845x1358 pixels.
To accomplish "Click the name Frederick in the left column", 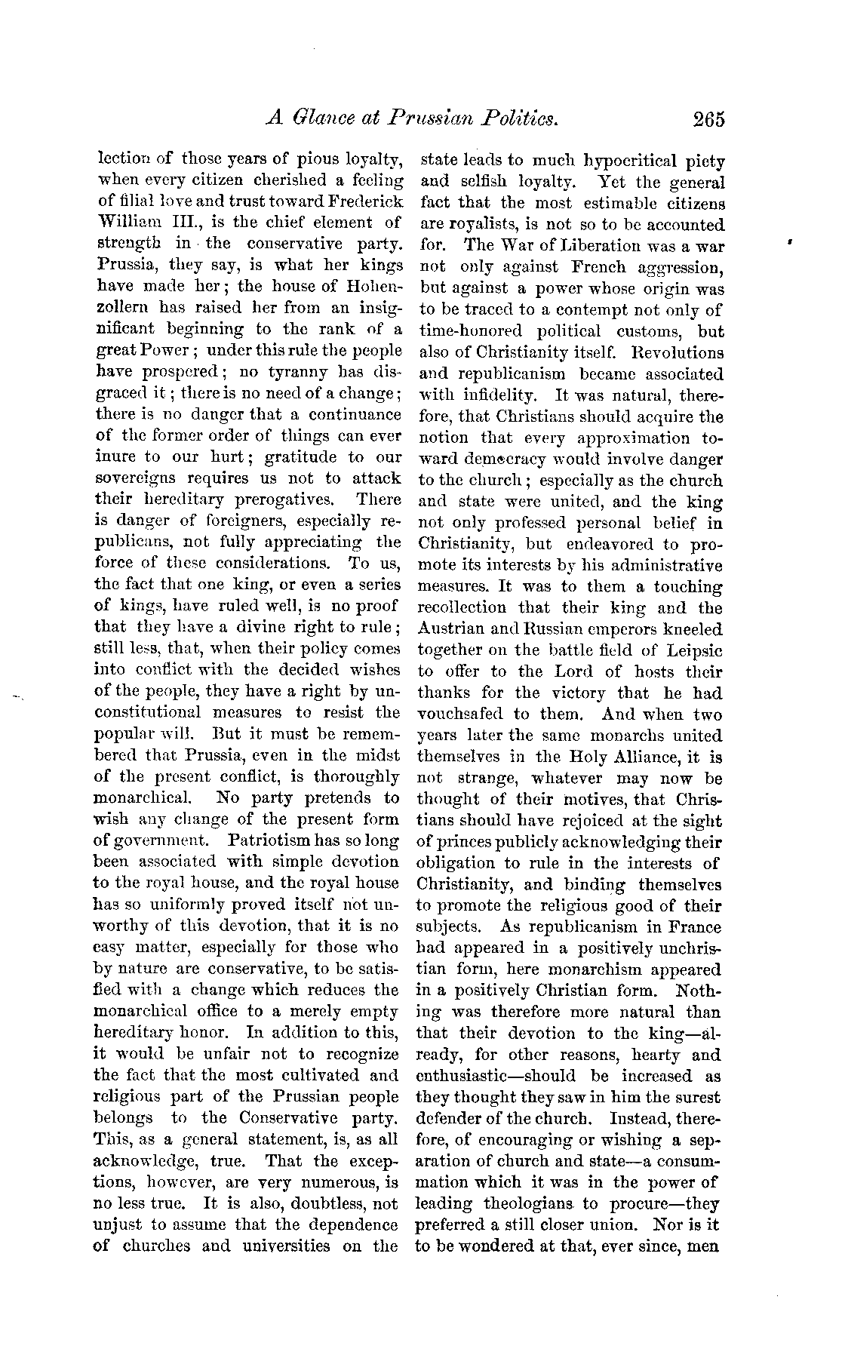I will point(368,202).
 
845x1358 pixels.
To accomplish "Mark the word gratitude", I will point(286,457).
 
